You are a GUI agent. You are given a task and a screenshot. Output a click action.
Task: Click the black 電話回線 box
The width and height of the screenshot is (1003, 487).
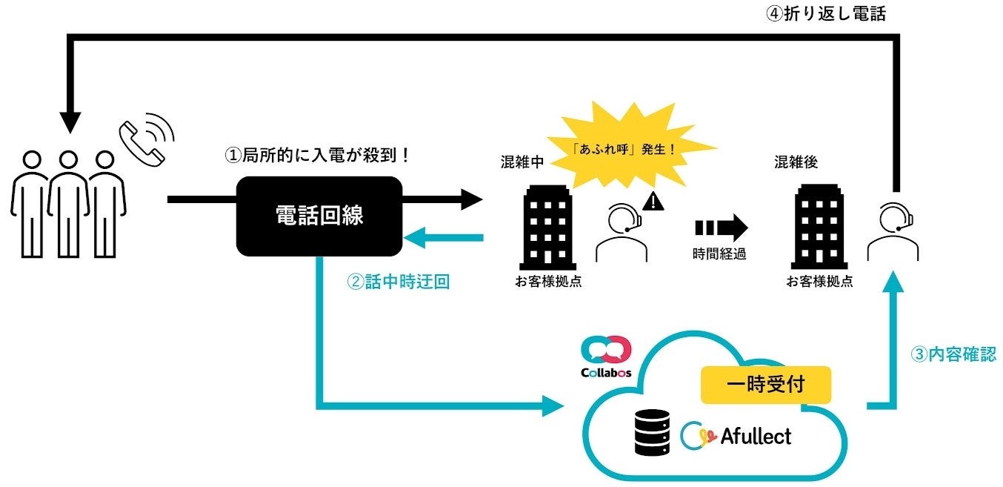pyautogui.click(x=319, y=216)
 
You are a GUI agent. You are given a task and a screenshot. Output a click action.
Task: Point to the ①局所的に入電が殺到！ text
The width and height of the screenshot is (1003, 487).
pyautogui.click(x=317, y=156)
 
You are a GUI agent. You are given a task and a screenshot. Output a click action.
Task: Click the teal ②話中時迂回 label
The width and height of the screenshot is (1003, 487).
pyautogui.click(x=399, y=282)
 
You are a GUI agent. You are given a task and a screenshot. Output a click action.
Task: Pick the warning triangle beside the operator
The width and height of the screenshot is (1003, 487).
pyautogui.click(x=654, y=200)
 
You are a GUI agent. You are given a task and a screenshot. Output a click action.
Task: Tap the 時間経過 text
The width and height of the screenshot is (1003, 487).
pyautogui.click(x=719, y=254)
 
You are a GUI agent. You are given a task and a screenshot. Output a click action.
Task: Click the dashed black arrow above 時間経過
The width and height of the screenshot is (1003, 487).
pyautogui.click(x=721, y=225)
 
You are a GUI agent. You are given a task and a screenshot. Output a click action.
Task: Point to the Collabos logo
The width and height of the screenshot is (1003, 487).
pyautogui.click(x=606, y=357)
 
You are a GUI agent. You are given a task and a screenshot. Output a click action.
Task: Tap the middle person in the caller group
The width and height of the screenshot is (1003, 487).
pyautogui.click(x=68, y=204)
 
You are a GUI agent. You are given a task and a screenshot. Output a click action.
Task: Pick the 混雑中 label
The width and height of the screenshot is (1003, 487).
pyautogui.click(x=522, y=162)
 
